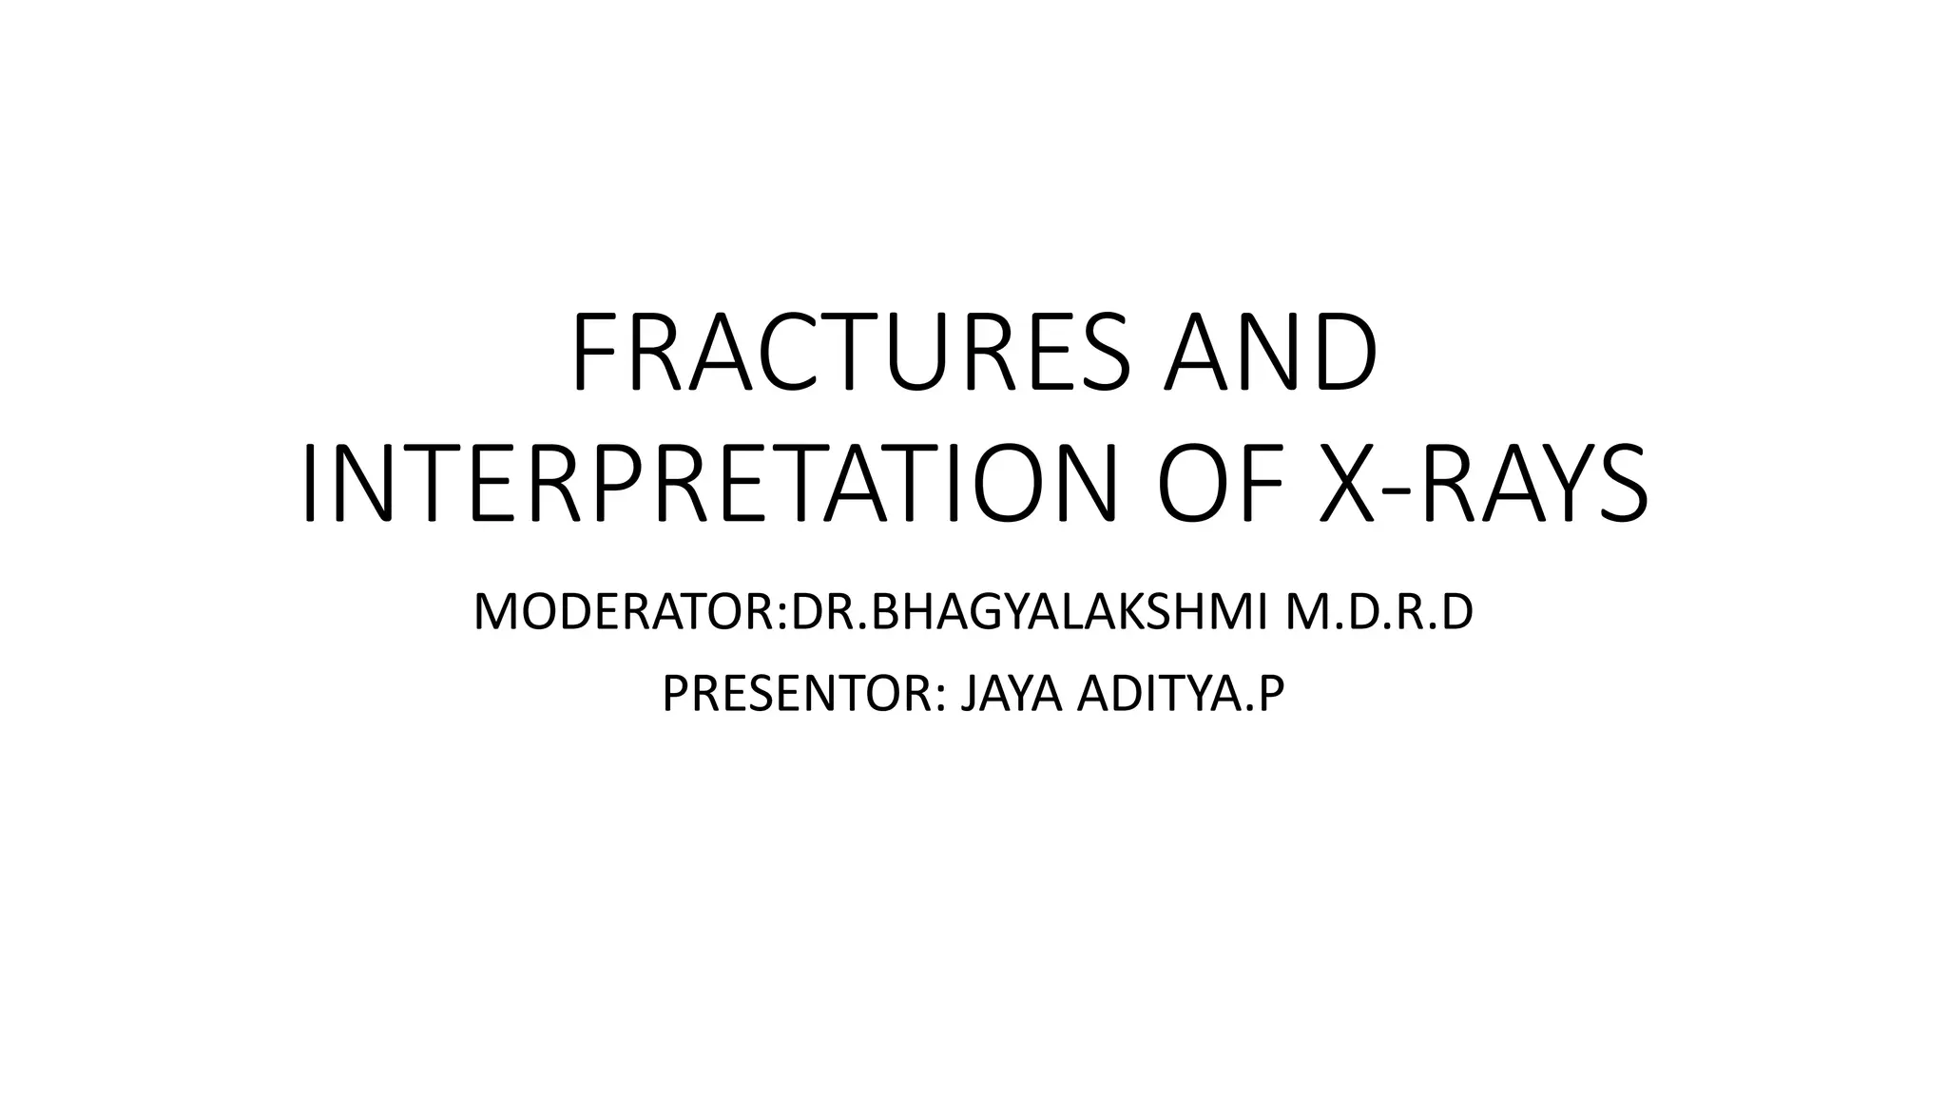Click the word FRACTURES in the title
click(x=852, y=353)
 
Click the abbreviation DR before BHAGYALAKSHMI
click(x=815, y=612)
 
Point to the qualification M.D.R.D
click(x=1378, y=612)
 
